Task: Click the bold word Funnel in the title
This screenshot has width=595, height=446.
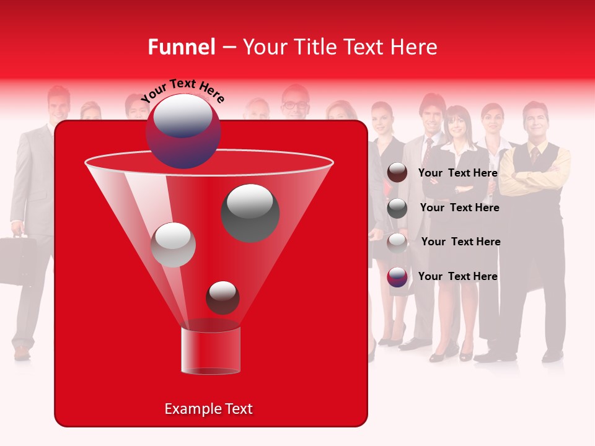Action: point(181,47)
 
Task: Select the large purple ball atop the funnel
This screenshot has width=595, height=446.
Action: point(183,131)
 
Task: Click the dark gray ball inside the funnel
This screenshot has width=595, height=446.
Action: point(250,212)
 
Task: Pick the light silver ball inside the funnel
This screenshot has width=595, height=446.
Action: point(174,245)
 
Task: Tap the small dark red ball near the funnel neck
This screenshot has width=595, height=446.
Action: point(223,297)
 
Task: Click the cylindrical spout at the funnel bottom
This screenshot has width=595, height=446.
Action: point(211,351)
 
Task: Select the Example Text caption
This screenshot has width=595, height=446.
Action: point(208,409)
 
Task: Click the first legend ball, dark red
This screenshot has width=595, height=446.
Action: point(397,173)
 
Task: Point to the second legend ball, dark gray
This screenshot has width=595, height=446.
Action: point(397,208)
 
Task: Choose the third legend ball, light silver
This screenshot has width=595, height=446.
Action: point(397,242)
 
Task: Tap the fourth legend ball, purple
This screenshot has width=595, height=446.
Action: point(397,277)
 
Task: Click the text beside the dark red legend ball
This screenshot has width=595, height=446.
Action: point(458,173)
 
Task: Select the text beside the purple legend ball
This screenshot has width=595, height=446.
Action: point(458,276)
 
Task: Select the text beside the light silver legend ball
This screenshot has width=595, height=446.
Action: point(461,242)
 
